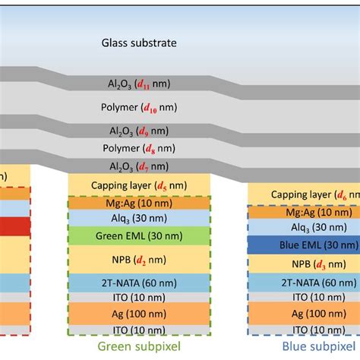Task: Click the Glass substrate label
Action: tap(139, 43)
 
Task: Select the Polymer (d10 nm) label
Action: tap(139, 107)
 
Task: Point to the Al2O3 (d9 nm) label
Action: tap(139, 130)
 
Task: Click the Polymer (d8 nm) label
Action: tap(139, 147)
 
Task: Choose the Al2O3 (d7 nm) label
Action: tap(139, 166)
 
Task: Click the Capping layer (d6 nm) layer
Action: tap(303, 194)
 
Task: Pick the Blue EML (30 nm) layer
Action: tap(303, 245)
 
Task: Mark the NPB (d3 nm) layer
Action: tap(303, 265)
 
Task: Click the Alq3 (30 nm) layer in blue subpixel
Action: tap(303, 227)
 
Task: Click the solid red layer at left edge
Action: tap(14, 226)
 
